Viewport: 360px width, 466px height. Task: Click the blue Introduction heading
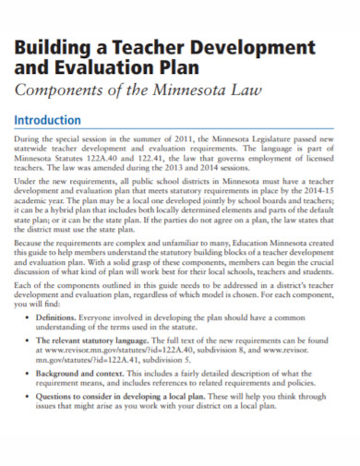pos(47,121)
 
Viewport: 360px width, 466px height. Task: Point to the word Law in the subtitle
pos(245,90)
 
